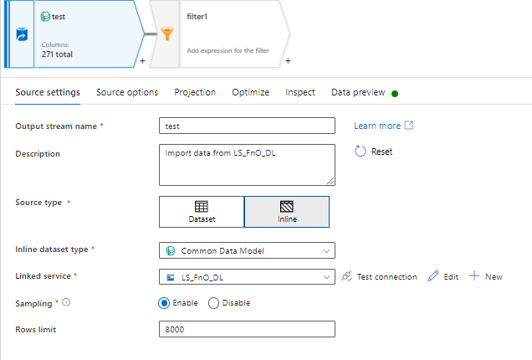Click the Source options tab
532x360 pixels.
[127, 92]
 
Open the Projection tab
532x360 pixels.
[195, 92]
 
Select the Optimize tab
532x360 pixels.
[251, 92]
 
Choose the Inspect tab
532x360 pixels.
[300, 92]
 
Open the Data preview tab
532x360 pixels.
[358, 92]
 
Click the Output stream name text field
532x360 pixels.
[247, 126]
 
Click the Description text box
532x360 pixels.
[247, 164]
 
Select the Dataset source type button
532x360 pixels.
[202, 212]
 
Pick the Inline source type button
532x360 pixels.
[286, 212]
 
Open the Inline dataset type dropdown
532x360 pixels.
[247, 250]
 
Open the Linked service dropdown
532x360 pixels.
[247, 277]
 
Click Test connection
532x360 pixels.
[380, 277]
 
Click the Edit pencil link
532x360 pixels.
[443, 277]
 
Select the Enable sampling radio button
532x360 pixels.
[164, 303]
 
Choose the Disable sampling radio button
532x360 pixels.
[213, 303]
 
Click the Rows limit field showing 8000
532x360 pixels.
[247, 330]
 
